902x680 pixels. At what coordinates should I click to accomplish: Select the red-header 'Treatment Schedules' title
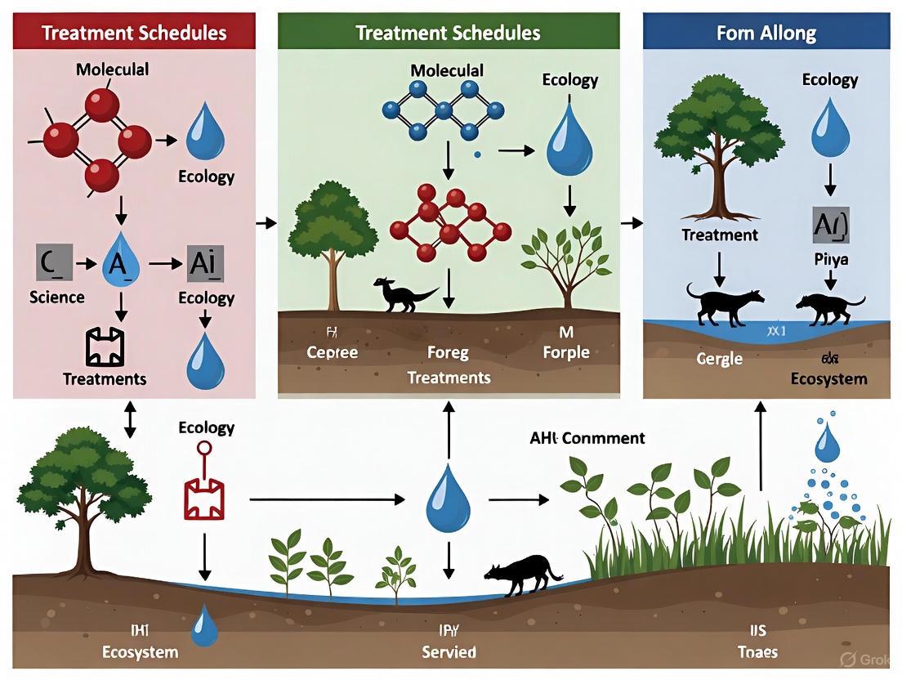134,34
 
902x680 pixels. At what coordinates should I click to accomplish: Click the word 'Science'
56,297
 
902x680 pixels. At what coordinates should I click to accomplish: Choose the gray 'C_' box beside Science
50,262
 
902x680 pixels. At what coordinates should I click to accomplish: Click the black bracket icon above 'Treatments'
105,347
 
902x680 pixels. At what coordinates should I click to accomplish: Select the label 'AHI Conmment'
586,438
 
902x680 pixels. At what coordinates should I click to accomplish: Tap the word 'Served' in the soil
449,652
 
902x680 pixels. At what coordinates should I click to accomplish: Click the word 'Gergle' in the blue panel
720,359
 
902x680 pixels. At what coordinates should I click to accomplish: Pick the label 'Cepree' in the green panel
333,353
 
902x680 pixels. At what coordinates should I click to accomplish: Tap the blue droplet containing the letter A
121,263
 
